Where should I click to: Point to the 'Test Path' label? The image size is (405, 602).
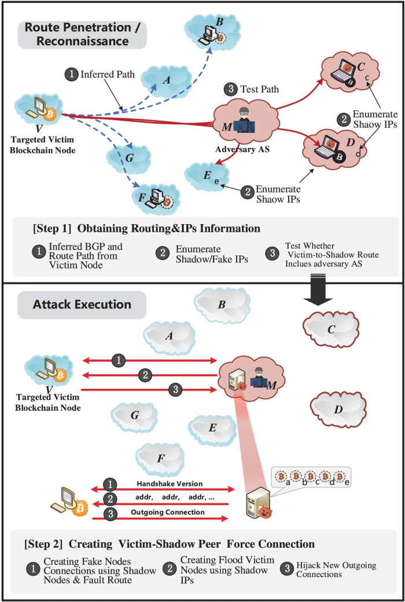click(260, 89)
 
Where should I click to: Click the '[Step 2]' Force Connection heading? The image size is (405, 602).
click(169, 544)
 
